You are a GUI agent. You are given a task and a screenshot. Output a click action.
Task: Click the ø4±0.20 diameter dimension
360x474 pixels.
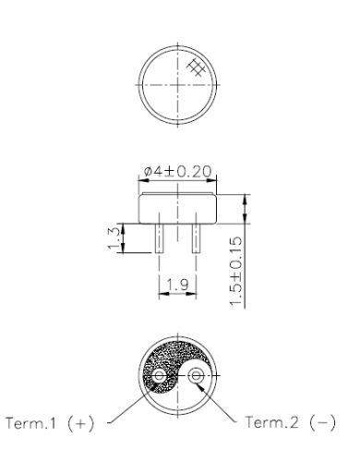pyautogui.click(x=177, y=173)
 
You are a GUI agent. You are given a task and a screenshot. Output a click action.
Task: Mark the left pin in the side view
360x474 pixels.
pyautogui.click(x=160, y=239)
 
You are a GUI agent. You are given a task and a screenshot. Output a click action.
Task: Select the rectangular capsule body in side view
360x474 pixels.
pyautogui.click(x=177, y=209)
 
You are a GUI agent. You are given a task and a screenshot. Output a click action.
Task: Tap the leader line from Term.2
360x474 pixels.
pyautogui.click(x=226, y=406)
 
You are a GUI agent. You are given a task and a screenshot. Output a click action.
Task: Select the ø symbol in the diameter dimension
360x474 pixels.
pyautogui.click(x=148, y=173)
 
